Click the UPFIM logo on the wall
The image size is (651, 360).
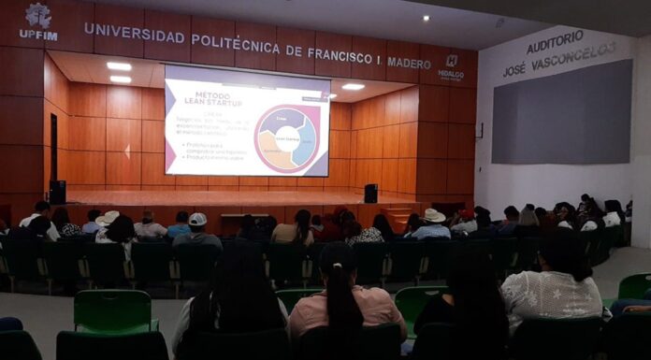[38, 22]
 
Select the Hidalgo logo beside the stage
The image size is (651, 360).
[451, 65]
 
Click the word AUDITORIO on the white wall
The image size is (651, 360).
[555, 42]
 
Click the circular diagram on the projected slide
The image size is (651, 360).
[287, 138]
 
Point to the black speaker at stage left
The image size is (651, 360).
[58, 192]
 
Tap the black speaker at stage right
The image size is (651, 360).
[370, 194]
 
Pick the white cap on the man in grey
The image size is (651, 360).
[197, 219]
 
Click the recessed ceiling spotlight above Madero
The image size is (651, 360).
[426, 18]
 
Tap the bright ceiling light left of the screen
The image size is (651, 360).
[119, 66]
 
